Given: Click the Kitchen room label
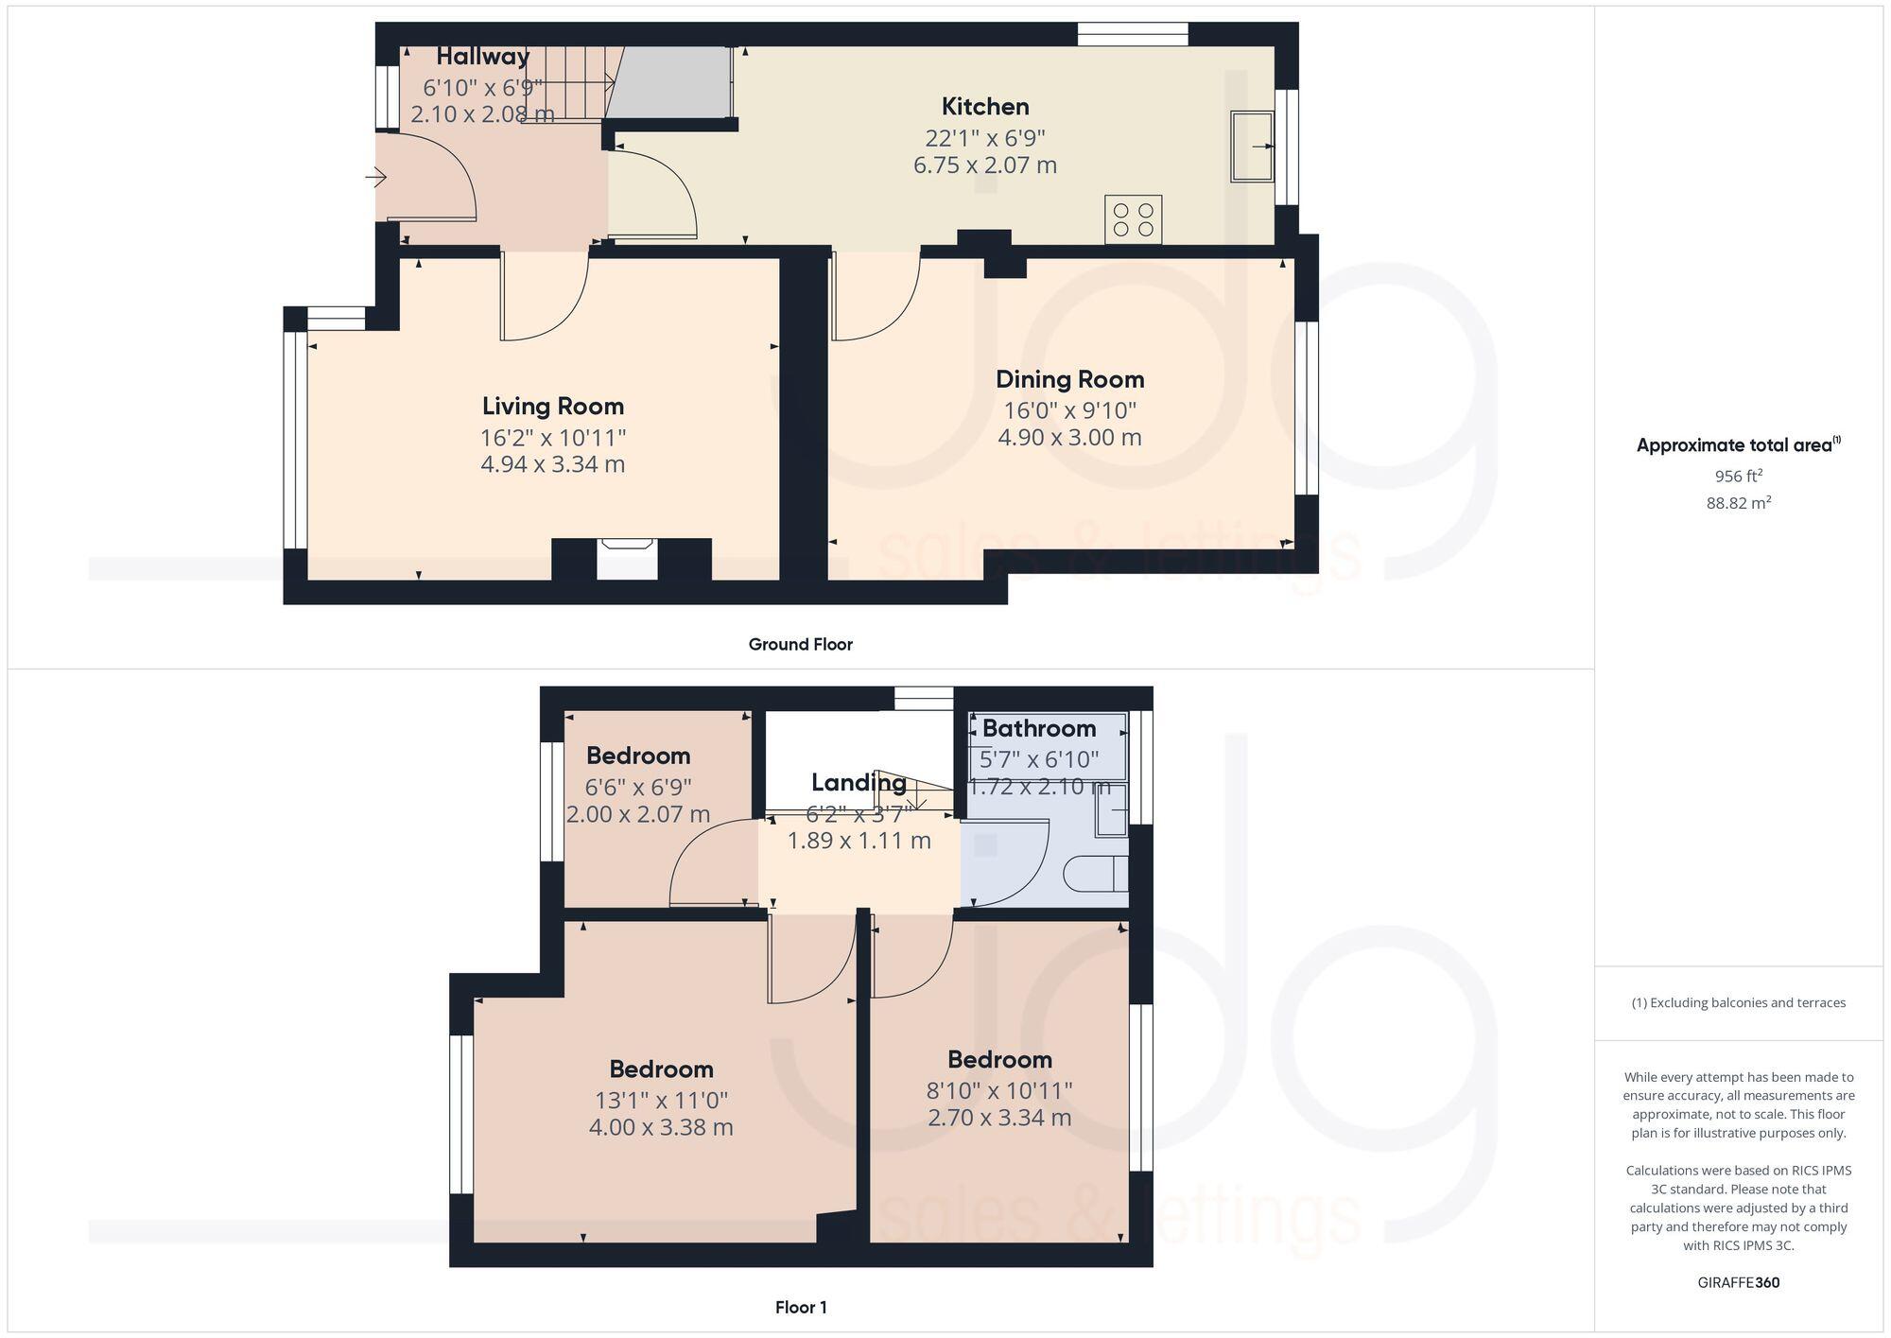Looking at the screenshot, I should click(x=984, y=107).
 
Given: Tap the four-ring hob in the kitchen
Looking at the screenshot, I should click(x=1133, y=219).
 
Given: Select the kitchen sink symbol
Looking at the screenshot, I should click(x=1252, y=146).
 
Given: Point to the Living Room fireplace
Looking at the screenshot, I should click(x=628, y=558).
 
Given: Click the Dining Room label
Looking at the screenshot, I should click(x=1069, y=380).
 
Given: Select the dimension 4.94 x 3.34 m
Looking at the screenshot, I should click(x=552, y=464).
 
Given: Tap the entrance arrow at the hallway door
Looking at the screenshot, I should click(x=376, y=177).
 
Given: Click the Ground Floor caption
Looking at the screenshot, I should click(x=800, y=645).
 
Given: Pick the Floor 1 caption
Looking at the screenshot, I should click(x=801, y=1308).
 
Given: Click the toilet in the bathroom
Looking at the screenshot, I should click(x=1097, y=874).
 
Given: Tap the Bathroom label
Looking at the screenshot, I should click(x=1038, y=729).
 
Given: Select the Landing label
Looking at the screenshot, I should click(x=858, y=783).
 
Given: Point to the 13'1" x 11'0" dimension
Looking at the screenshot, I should click(x=661, y=1101).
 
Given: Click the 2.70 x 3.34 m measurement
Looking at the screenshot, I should click(x=999, y=1119).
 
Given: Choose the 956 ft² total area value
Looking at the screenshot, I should click(x=1738, y=476).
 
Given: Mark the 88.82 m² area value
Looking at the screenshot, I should click(x=1738, y=503).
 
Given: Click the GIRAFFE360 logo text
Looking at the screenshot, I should click(x=1738, y=1283).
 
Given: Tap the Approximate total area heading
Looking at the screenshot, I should click(x=1738, y=445).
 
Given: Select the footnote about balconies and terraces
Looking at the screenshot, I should click(x=1738, y=1003).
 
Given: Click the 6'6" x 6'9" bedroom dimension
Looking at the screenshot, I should click(x=638, y=787).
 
